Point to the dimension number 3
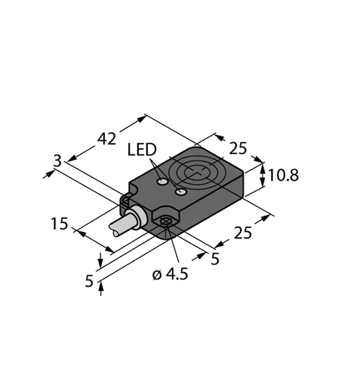coord(57,163)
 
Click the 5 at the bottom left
coord(88,281)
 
